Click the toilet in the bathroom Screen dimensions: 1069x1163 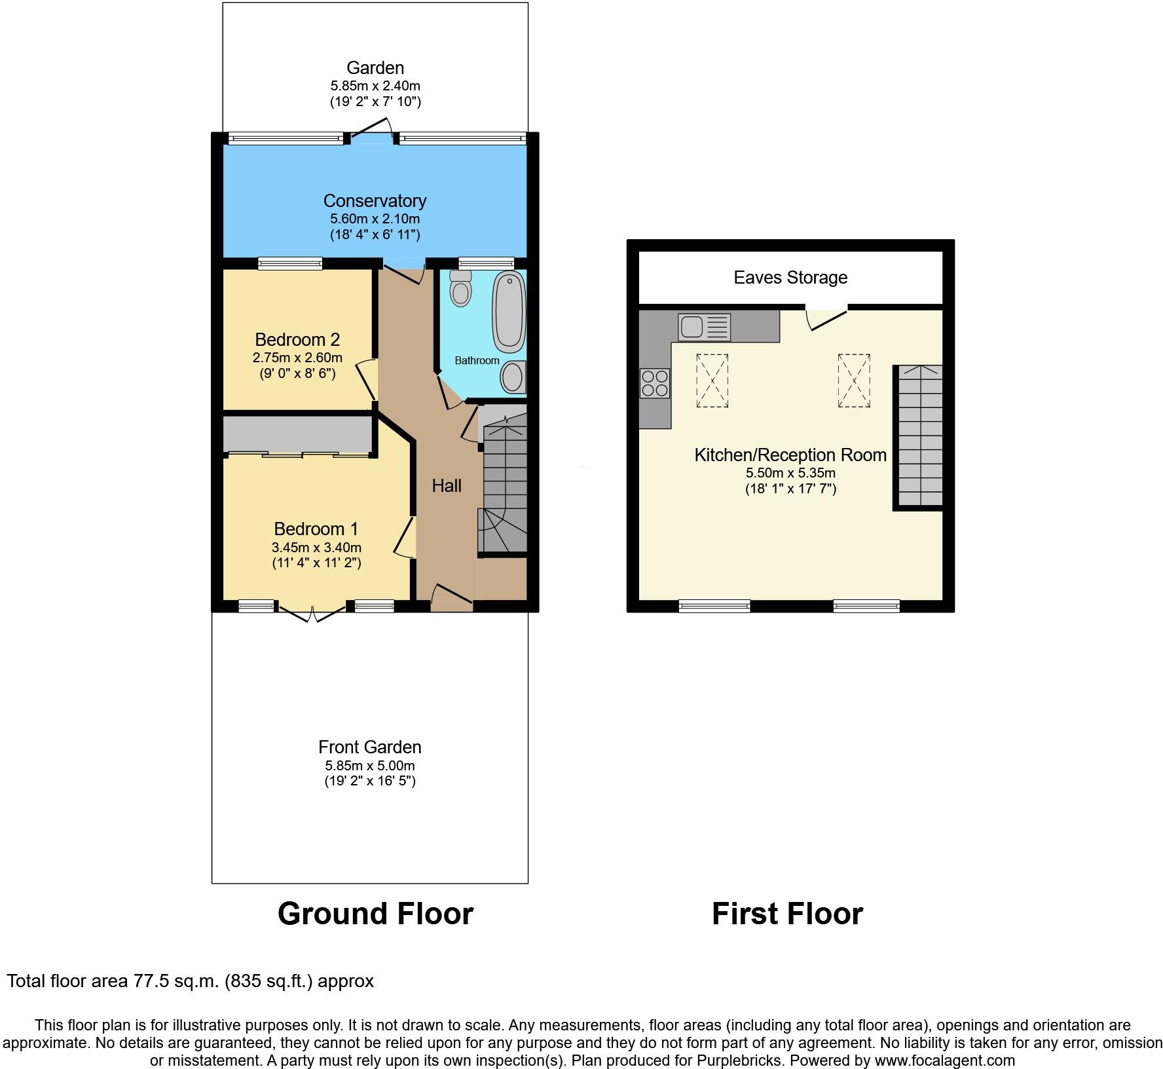tap(461, 290)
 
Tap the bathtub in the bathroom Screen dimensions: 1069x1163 tap(509, 310)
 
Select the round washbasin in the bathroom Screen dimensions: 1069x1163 tap(512, 377)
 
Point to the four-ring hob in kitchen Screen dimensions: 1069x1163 tap(655, 383)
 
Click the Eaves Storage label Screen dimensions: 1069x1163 tap(790, 278)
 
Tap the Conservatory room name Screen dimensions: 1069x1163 tap(375, 201)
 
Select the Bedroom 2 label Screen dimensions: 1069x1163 tap(297, 340)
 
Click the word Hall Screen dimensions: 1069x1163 tap(447, 486)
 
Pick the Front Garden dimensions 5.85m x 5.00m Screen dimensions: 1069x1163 tap(370, 766)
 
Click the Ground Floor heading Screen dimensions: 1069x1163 tap(375, 914)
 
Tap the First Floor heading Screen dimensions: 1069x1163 tap(787, 914)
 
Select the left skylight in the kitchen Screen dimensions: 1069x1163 tap(712, 381)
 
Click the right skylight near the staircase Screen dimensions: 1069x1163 tap(854, 381)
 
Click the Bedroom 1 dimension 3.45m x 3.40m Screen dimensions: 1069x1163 tap(316, 548)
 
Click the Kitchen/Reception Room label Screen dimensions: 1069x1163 tap(790, 455)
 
